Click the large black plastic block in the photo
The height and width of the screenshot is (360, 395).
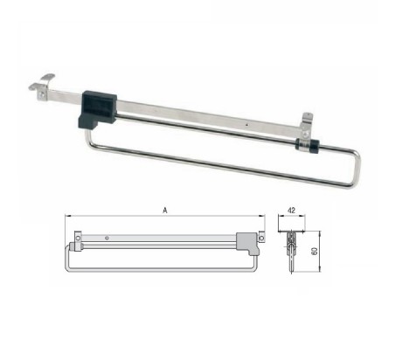pyautogui.click(x=97, y=109)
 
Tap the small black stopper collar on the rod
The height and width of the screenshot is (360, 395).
pyautogui.click(x=307, y=144)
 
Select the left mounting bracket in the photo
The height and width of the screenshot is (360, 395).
pyautogui.click(x=42, y=87)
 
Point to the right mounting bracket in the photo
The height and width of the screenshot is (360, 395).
pyautogui.click(x=306, y=126)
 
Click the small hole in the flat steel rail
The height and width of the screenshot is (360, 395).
pyautogui.click(x=247, y=126)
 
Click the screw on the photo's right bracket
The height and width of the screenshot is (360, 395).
pyautogui.click(x=305, y=134)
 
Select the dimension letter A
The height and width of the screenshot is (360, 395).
pyautogui.click(x=165, y=210)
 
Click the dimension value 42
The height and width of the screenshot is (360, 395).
pyautogui.click(x=292, y=211)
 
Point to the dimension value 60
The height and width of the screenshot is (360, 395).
pyautogui.click(x=315, y=252)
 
